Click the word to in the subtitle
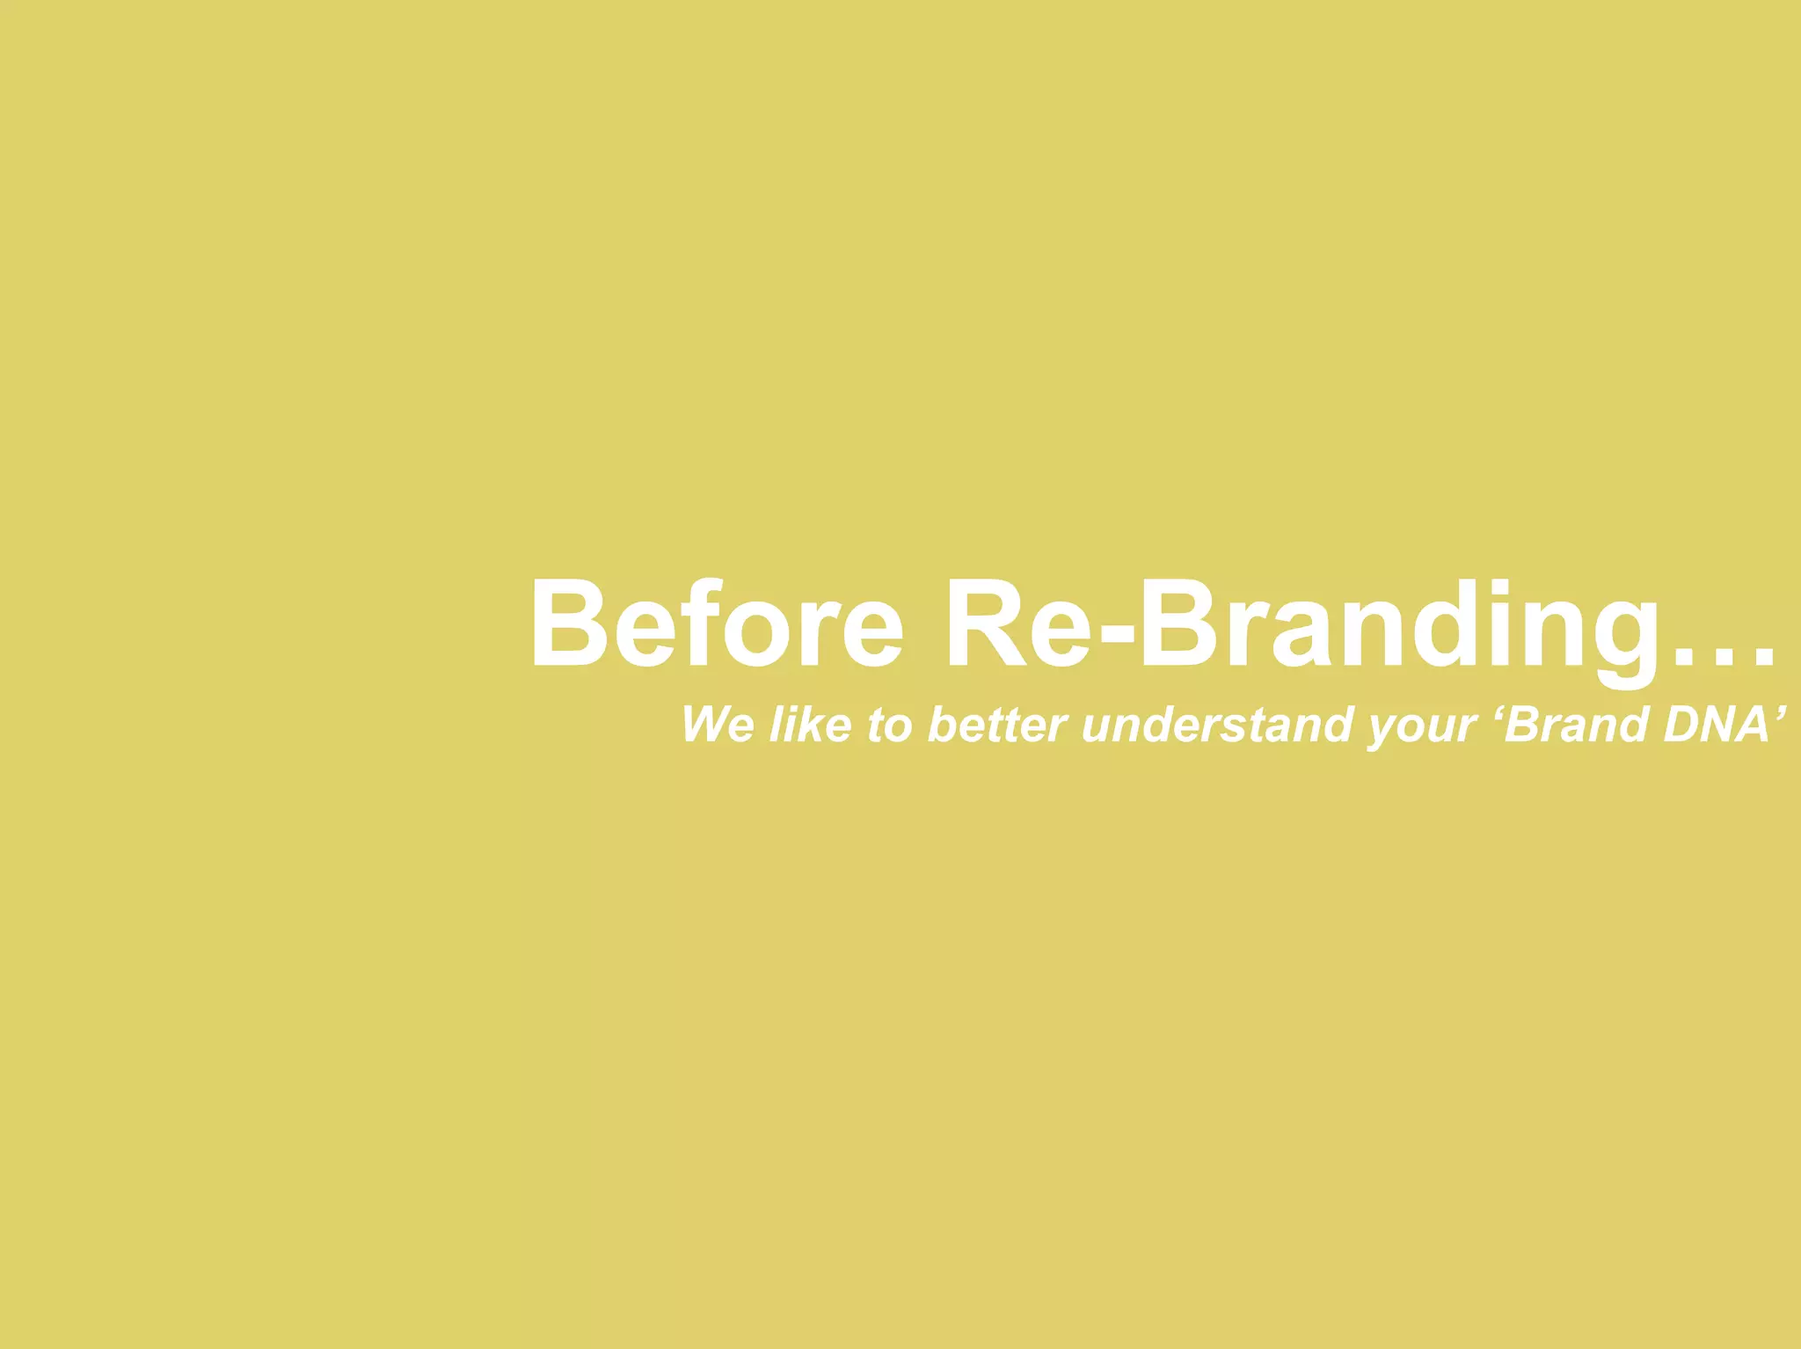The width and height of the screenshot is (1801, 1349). point(889,726)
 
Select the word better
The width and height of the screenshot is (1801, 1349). point(997,725)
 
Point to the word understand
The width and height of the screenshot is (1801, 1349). point(1217,725)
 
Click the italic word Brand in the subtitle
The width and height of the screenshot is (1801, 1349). point(1574,725)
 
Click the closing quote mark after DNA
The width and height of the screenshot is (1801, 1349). point(1780,711)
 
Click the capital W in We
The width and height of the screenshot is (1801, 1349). point(704,725)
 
